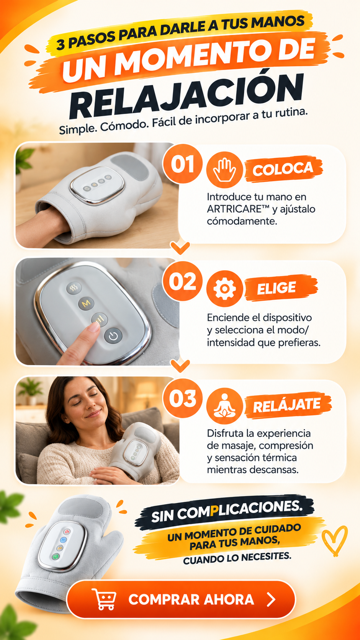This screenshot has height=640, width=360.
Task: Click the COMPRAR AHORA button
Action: tap(181, 599)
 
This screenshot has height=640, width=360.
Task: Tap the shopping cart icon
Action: tap(104, 599)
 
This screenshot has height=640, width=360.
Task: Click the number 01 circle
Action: tap(182, 164)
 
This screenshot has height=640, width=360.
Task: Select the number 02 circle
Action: tap(182, 281)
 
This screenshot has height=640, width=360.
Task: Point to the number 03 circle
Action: tap(182, 398)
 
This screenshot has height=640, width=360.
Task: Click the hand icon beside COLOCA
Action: tap(225, 170)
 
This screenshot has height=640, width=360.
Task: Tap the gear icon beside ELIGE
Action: tap(225, 289)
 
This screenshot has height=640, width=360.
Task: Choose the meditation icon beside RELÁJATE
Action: tap(225, 406)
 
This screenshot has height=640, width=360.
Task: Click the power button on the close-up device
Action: tap(113, 336)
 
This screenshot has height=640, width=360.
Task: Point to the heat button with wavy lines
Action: tap(74, 288)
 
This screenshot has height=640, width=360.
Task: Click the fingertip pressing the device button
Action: tap(93, 327)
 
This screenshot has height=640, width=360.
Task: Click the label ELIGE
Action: tap(276, 288)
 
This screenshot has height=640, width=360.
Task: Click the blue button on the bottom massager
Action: tap(63, 539)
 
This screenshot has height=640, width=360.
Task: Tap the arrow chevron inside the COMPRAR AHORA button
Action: tap(272, 599)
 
